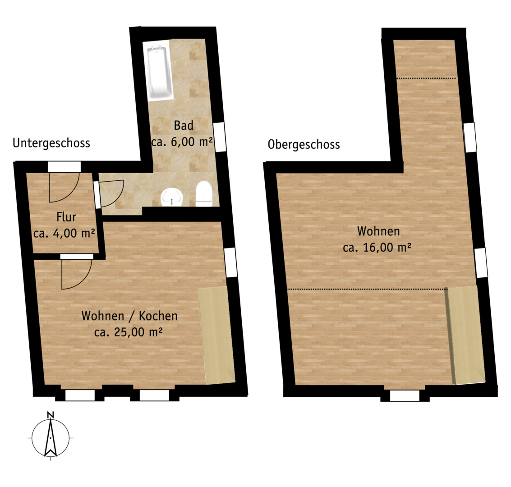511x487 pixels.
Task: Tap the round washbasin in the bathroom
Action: click(x=172, y=197)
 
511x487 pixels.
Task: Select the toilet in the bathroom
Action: click(x=204, y=194)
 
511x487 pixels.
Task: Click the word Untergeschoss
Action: click(x=51, y=143)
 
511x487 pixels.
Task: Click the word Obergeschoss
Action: click(x=304, y=144)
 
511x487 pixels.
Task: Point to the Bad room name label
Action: click(x=184, y=125)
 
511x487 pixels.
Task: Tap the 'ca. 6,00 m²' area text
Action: click(x=182, y=142)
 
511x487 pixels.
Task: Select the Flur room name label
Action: click(x=66, y=216)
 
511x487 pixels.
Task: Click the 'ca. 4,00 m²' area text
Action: click(x=64, y=233)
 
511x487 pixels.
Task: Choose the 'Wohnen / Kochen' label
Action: click(x=129, y=316)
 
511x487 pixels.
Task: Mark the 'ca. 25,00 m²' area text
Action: click(x=129, y=332)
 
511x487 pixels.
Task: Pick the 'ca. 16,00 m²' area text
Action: click(x=377, y=248)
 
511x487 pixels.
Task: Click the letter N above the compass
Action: click(x=51, y=415)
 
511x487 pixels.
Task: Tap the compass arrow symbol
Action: click(x=51, y=438)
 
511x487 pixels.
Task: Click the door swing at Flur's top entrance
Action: click(x=64, y=187)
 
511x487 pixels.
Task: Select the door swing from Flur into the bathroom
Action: click(x=111, y=193)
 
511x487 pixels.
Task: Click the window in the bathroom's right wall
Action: click(x=220, y=137)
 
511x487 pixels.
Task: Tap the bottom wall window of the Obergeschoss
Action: click(x=405, y=395)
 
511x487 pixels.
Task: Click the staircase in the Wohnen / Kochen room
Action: click(x=217, y=335)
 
